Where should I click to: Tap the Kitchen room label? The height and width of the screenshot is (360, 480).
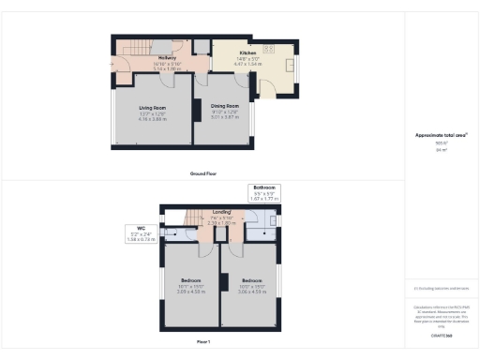point(247,52)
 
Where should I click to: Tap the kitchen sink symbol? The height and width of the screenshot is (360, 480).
point(286,67)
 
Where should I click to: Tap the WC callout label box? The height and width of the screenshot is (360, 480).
point(140,234)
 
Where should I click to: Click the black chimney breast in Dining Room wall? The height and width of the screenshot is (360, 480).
point(196,110)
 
